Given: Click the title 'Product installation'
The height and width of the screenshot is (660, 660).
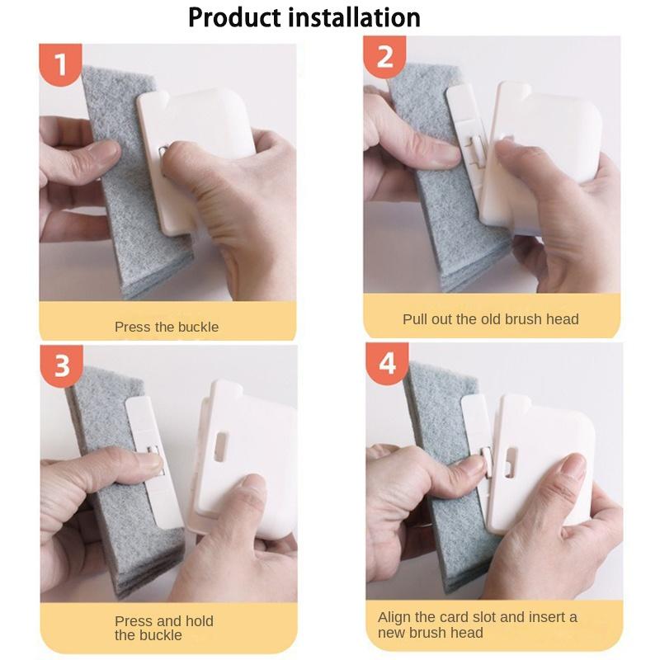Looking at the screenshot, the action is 304,17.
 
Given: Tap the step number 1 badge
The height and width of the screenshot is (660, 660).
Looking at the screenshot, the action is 60,64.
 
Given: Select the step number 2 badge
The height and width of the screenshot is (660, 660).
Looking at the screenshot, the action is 384,57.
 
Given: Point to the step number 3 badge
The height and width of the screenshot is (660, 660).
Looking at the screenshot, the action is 61,365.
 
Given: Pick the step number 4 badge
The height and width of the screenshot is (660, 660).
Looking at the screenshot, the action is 387,363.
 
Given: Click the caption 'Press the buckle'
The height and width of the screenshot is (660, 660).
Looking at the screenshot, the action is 167,327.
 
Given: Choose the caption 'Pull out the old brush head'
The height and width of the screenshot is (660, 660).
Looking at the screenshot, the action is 490,319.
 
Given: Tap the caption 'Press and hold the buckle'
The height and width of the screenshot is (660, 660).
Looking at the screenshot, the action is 164,628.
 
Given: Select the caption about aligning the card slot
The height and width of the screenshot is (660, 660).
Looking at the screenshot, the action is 478,625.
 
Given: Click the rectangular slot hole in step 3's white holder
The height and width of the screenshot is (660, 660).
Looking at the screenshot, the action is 220,445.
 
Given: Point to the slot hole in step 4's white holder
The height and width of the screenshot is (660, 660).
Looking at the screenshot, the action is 511,462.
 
